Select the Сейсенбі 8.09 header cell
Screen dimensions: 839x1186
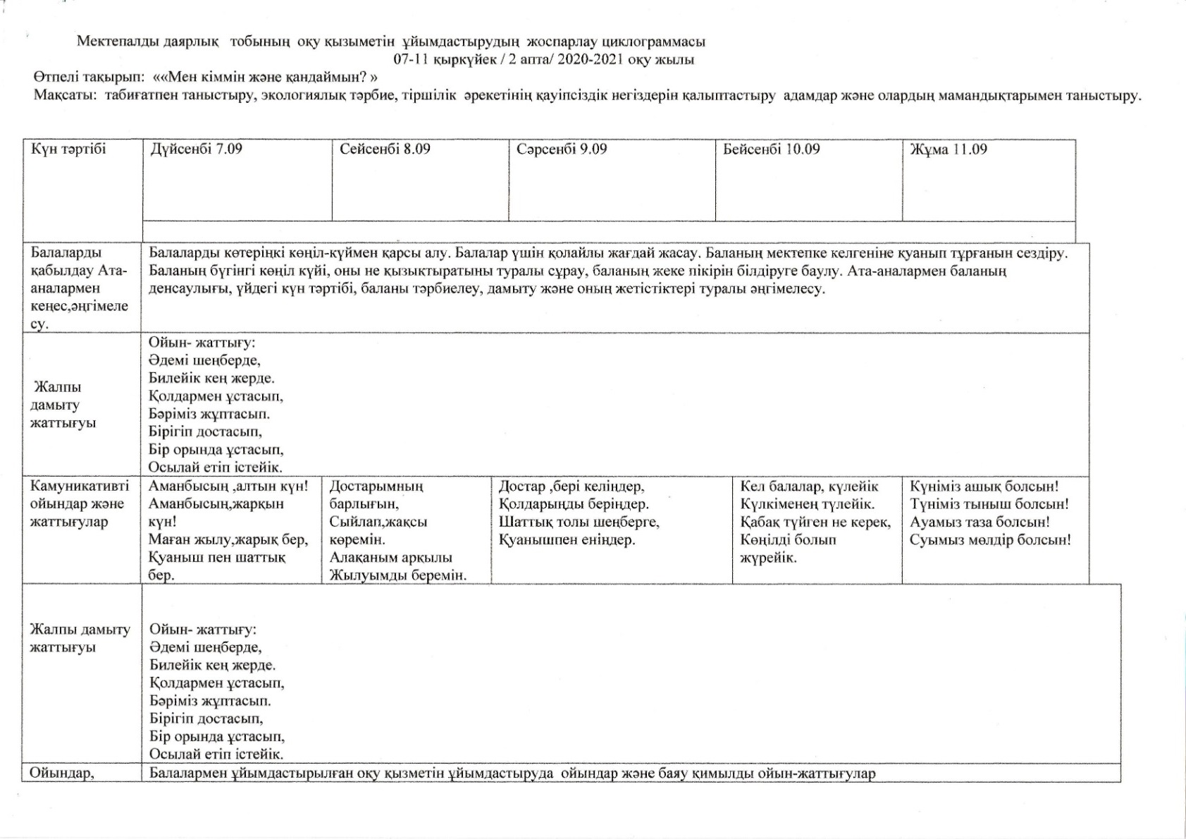tap(385, 149)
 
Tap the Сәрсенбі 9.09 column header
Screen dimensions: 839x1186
tap(562, 149)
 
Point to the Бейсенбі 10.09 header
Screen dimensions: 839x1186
tap(772, 149)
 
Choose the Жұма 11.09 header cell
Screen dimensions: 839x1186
tap(949, 149)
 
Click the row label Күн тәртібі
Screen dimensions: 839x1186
tap(68, 149)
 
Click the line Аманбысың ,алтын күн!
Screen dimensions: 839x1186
tap(228, 486)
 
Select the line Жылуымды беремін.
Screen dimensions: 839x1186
tap(398, 576)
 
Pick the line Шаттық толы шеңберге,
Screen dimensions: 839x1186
tap(579, 522)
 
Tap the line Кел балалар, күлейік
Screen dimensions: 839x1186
tap(809, 486)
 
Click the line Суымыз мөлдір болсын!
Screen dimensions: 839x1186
tap(990, 541)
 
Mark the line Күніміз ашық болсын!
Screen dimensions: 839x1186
tap(984, 486)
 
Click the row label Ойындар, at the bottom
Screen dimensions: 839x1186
tap(62, 773)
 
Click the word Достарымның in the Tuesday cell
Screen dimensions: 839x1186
tap(376, 486)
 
